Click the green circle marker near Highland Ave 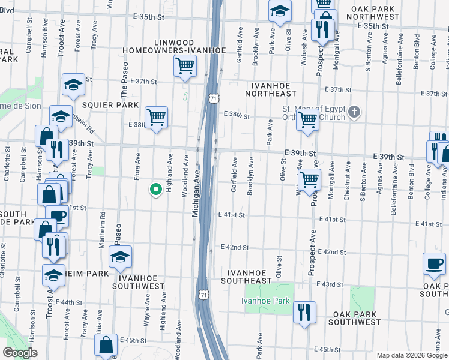click(156, 190)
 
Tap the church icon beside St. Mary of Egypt click(355, 112)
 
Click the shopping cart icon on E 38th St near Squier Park click(156, 116)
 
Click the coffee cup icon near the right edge click(434, 263)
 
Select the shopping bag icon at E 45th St click(106, 346)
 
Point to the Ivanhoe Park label click(265, 301)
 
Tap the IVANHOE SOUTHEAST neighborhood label click(246, 277)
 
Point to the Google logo click(20, 353)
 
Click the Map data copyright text click(412, 355)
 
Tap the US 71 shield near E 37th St click(213, 98)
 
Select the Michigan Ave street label click(196, 192)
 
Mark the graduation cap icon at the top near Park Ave click(279, 11)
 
